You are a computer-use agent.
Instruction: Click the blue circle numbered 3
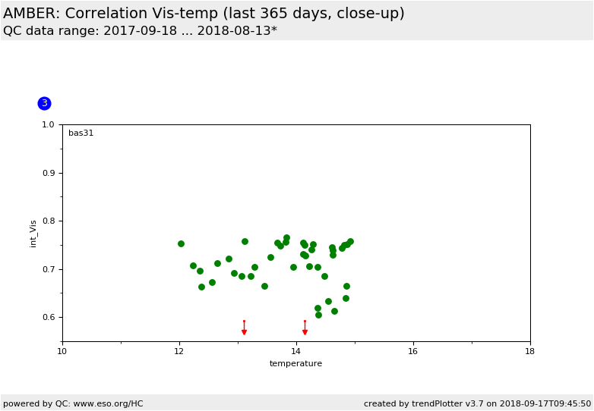click(44, 103)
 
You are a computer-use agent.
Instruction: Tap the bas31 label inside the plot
click(81, 133)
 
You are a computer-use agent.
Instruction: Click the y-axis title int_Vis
click(33, 234)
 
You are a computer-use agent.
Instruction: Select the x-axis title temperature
click(296, 363)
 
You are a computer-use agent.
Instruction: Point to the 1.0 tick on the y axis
click(48, 125)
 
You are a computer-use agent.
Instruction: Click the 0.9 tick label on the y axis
click(48, 173)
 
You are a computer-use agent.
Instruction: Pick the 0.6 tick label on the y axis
click(48, 317)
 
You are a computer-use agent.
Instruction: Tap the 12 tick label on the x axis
click(179, 351)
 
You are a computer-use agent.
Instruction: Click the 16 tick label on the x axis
click(413, 351)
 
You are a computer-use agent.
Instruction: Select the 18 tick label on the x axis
click(530, 351)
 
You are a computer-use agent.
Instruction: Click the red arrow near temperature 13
click(245, 328)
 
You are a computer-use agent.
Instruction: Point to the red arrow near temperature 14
click(305, 328)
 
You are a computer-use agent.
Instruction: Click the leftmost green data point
click(181, 244)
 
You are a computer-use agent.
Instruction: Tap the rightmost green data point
click(350, 242)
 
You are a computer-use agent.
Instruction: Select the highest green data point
click(287, 238)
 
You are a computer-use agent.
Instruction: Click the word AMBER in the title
click(30, 13)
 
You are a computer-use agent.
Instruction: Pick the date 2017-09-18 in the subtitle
click(141, 30)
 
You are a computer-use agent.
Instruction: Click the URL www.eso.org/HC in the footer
click(108, 404)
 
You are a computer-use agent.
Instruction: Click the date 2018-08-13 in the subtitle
click(234, 30)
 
